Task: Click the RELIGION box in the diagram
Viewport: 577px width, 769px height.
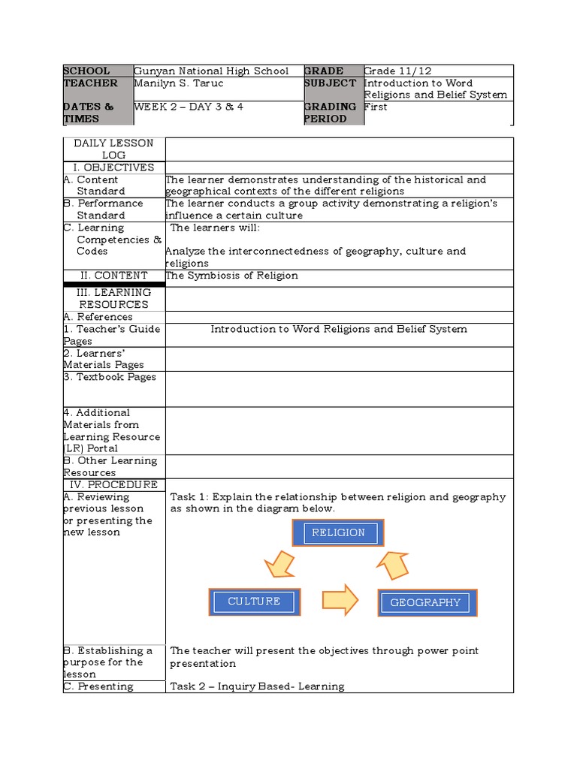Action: pyautogui.click(x=338, y=533)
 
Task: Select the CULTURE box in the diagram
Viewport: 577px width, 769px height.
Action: pyautogui.click(x=254, y=602)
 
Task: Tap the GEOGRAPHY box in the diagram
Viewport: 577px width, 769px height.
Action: pyautogui.click(x=426, y=602)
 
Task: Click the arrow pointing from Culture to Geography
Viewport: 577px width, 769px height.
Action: pyautogui.click(x=340, y=599)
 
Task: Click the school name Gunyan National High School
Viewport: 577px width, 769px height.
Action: pyautogui.click(x=211, y=71)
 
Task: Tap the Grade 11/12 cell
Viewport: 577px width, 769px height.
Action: pyautogui.click(x=398, y=71)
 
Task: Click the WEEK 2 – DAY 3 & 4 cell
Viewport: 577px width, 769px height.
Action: pyautogui.click(x=189, y=107)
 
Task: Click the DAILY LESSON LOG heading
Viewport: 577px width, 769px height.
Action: pyautogui.click(x=114, y=149)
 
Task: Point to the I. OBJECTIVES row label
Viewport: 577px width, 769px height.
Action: pyautogui.click(x=113, y=167)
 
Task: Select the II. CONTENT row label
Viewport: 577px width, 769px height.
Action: pyautogui.click(x=114, y=276)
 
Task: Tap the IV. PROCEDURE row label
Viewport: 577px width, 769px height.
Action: pyautogui.click(x=114, y=485)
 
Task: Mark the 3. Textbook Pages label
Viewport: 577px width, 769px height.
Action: pyautogui.click(x=110, y=377)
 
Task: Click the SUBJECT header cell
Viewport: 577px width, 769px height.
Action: pyautogui.click(x=331, y=83)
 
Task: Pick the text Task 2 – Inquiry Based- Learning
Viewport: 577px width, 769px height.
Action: pyautogui.click(x=257, y=686)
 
